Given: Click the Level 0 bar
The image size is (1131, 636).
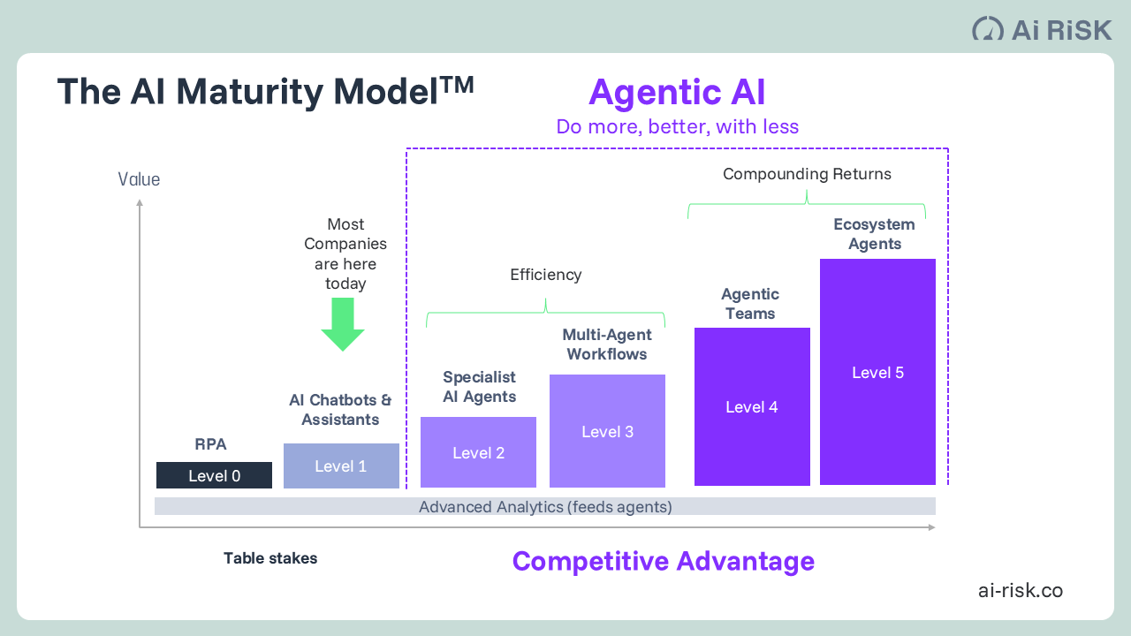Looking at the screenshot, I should [214, 475].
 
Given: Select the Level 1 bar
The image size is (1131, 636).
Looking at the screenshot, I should [341, 466].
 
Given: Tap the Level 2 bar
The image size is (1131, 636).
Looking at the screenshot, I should [478, 452].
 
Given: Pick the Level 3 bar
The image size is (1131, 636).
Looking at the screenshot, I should [607, 431].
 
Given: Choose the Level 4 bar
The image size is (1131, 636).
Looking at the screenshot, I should [752, 406].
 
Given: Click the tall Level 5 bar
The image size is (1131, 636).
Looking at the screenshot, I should [877, 372].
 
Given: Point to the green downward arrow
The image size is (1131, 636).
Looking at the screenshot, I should [343, 324].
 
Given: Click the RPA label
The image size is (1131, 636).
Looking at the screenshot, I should [211, 444].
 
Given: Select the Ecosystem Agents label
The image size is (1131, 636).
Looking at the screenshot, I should [875, 234].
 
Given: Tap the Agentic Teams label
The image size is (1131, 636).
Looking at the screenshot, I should [750, 304].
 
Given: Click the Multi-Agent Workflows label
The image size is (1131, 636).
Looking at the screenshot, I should [607, 344].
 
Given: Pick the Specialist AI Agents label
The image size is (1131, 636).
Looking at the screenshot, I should [479, 387].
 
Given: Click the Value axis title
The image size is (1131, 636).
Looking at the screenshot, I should [140, 179].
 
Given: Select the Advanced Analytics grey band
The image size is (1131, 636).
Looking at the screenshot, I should [545, 506].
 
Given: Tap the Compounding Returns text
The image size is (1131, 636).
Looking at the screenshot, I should [807, 174].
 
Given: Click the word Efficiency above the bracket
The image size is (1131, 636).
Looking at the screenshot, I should [546, 275].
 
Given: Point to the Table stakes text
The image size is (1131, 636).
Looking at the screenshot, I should [270, 558].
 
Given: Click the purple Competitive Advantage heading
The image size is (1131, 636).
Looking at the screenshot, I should [664, 561].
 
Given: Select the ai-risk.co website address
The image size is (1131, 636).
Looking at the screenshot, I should [1021, 590].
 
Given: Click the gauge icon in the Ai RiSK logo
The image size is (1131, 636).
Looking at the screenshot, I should [988, 29].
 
